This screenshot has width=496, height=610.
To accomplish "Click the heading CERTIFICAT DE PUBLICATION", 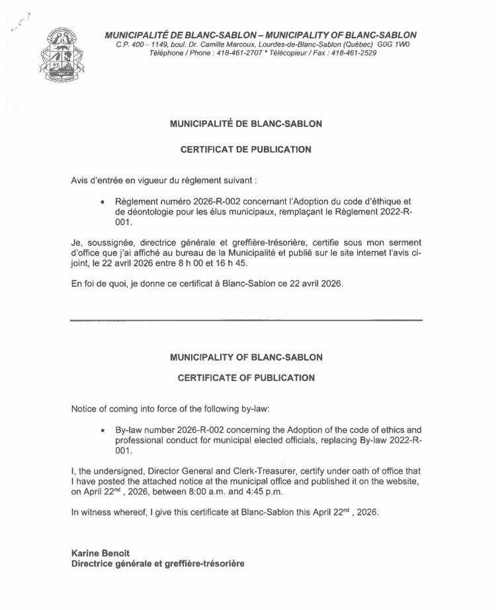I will click(246, 150).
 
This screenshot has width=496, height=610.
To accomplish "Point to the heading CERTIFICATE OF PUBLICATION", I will click(246, 378).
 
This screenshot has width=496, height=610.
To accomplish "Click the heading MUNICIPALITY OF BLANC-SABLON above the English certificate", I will click(246, 357).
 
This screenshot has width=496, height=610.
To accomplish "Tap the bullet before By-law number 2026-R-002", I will click(103, 429).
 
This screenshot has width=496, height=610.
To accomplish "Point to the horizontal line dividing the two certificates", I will click(246, 320).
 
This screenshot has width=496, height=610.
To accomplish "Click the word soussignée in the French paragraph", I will click(108, 242).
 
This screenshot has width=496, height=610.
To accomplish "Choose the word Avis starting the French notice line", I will click(80, 181).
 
